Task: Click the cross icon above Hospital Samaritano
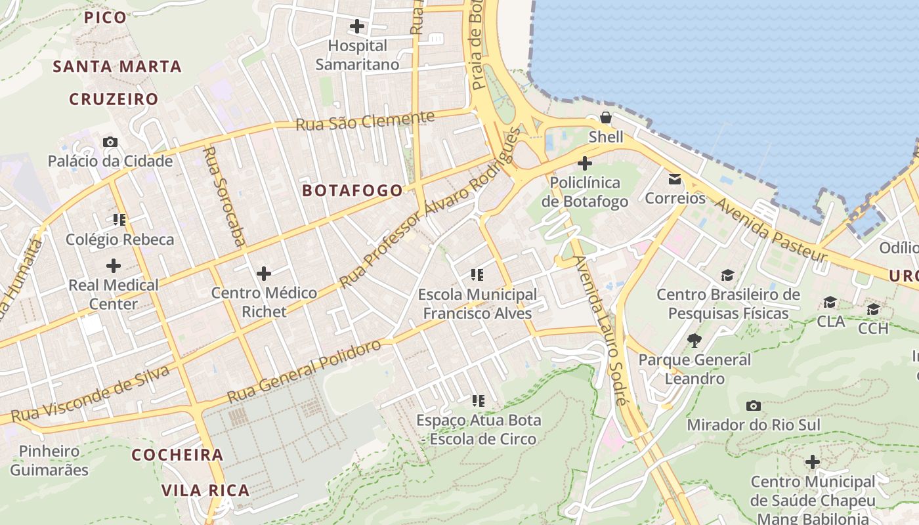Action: click(x=357, y=26)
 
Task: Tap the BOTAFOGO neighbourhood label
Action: click(x=353, y=190)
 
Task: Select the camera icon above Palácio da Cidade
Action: click(x=110, y=142)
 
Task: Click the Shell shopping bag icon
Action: click(x=605, y=118)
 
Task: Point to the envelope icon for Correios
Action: click(x=675, y=178)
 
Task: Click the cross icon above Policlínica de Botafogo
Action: click(x=585, y=163)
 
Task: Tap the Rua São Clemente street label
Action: click(x=365, y=121)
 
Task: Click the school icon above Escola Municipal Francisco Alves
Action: click(x=477, y=275)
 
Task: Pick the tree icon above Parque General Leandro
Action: click(x=695, y=340)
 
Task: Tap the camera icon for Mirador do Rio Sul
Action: click(x=754, y=406)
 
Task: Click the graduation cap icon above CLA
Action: click(x=830, y=302)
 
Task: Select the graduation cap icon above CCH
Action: click(x=873, y=309)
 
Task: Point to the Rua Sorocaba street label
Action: click(x=224, y=196)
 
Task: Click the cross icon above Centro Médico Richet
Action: click(x=264, y=273)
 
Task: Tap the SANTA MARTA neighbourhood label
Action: click(x=117, y=66)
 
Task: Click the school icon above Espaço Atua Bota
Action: click(x=478, y=400)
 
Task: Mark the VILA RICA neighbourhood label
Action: click(x=205, y=490)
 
